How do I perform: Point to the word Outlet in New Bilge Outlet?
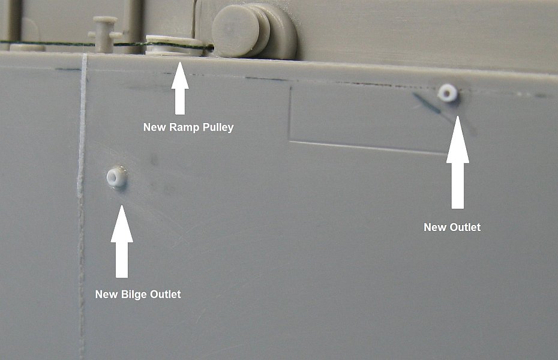pos(166,295)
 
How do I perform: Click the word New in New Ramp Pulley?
pos(155,127)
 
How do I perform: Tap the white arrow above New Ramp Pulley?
pos(180,88)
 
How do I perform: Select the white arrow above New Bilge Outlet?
pos(122,242)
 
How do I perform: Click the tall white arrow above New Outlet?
pos(458,162)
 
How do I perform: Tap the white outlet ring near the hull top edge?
pos(448,93)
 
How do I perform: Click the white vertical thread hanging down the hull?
pos(82,206)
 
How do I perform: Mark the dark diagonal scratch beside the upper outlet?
pos(427,103)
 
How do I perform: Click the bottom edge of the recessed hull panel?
pos(368,148)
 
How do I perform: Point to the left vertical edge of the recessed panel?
pos(290,114)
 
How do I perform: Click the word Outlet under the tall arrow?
pos(465,227)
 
